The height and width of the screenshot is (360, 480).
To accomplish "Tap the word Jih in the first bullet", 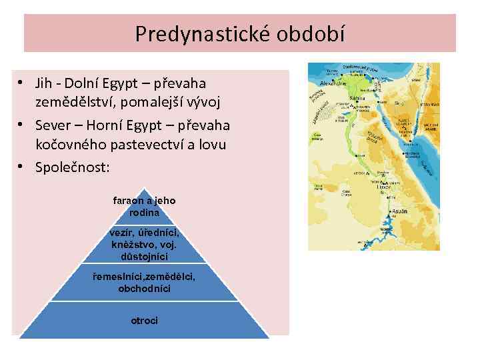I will [45, 83].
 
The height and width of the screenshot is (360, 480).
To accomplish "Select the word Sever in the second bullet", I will [53, 125].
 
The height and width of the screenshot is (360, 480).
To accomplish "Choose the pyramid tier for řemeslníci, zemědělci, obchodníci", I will [145, 283].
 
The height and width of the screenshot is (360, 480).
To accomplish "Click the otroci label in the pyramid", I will [145, 321].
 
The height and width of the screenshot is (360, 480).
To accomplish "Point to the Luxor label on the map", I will [385, 189].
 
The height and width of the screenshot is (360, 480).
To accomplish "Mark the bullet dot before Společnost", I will [22, 166].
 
